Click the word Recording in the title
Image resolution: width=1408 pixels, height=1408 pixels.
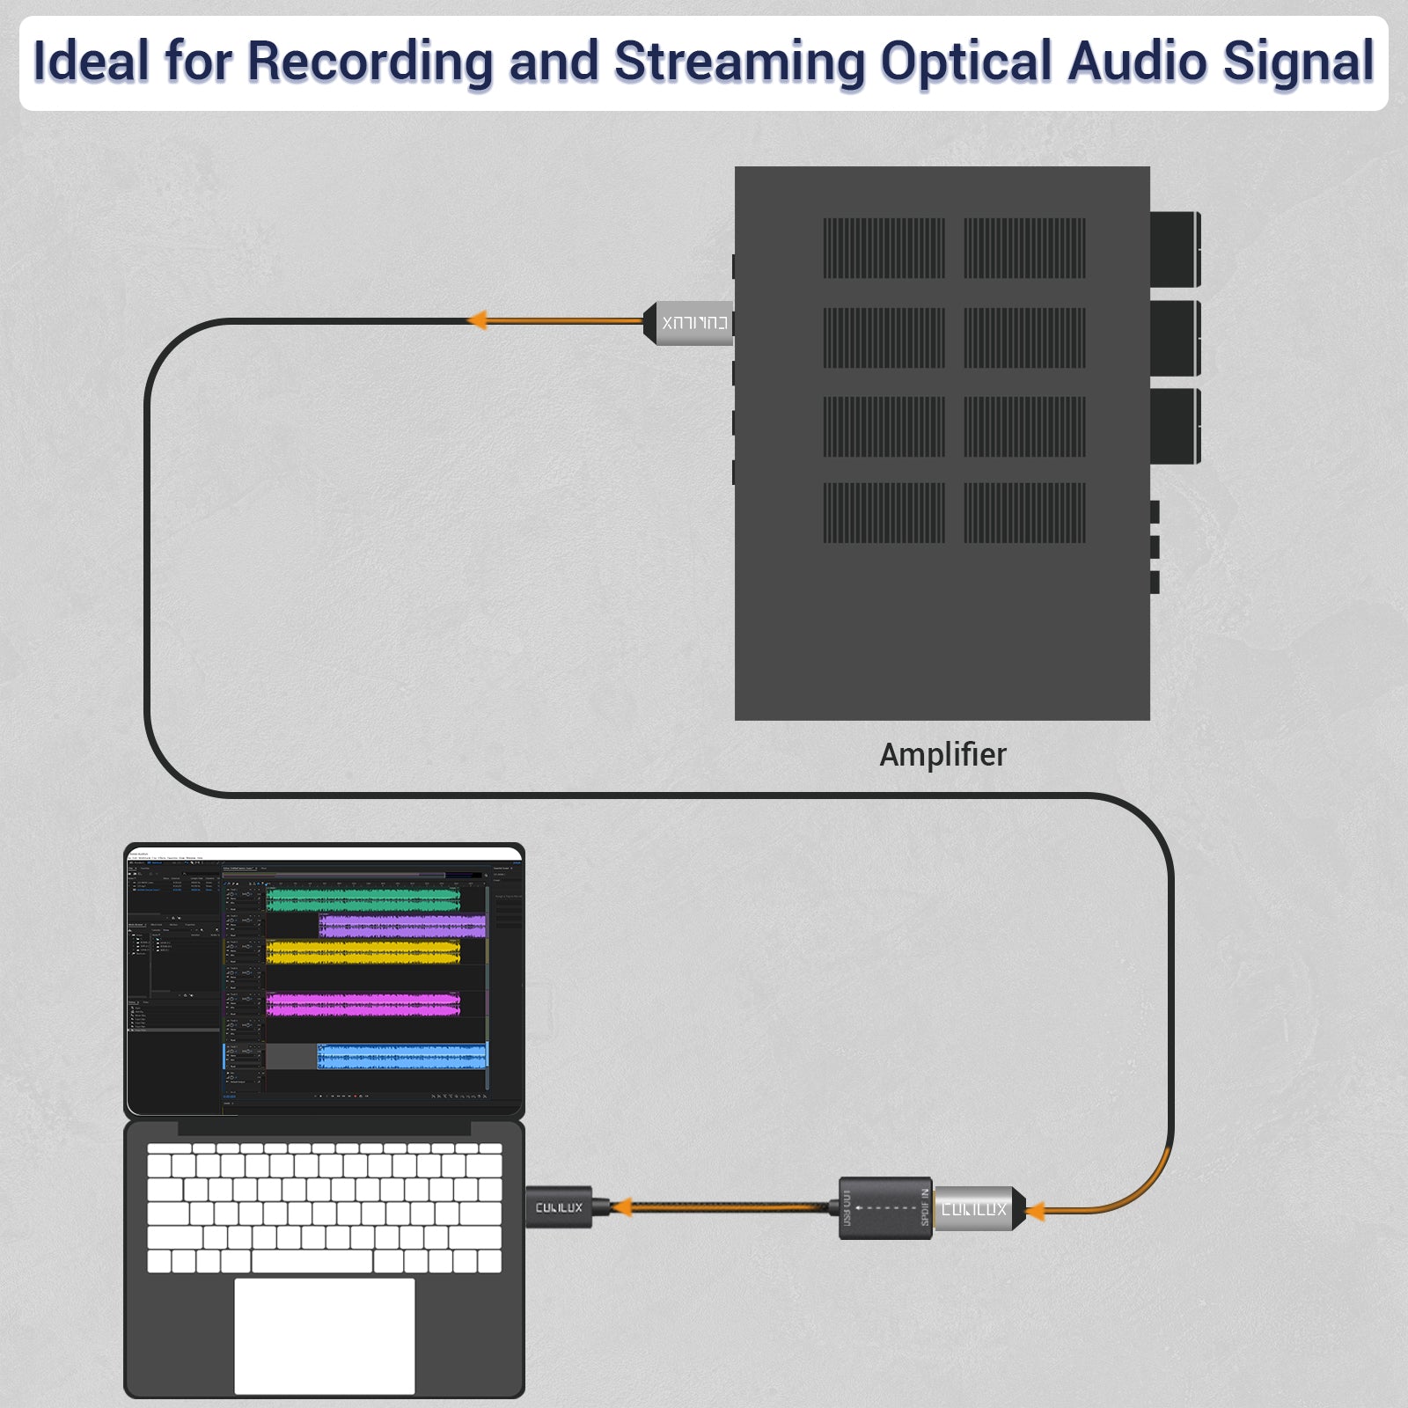(x=370, y=62)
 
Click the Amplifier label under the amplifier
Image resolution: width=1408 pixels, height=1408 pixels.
(x=942, y=754)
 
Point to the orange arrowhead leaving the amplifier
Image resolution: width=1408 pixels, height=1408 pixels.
(x=478, y=319)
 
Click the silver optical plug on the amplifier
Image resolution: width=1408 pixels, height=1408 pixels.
(x=691, y=322)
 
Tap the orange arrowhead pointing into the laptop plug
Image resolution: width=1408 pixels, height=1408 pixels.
(x=621, y=1206)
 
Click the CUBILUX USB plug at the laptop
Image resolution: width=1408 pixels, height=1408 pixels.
(x=560, y=1207)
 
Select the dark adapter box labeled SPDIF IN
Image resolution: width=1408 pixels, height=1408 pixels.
(x=885, y=1207)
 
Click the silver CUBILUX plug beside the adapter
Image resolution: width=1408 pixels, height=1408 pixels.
(x=975, y=1208)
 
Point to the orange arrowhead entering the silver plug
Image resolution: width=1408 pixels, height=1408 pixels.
(x=1035, y=1211)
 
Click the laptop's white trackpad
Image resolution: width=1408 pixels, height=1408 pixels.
(x=324, y=1335)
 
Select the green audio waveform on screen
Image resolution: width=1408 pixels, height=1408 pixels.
(x=363, y=899)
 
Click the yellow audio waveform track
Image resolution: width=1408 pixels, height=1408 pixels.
(x=363, y=951)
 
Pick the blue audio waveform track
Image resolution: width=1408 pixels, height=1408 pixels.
(x=401, y=1056)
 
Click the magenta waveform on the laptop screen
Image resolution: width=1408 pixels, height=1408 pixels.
(x=363, y=1004)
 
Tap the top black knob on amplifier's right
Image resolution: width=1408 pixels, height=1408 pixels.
(x=1175, y=249)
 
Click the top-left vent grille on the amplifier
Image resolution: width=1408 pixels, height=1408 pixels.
(x=884, y=248)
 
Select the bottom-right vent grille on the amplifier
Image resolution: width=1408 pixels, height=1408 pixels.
(x=1024, y=512)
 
